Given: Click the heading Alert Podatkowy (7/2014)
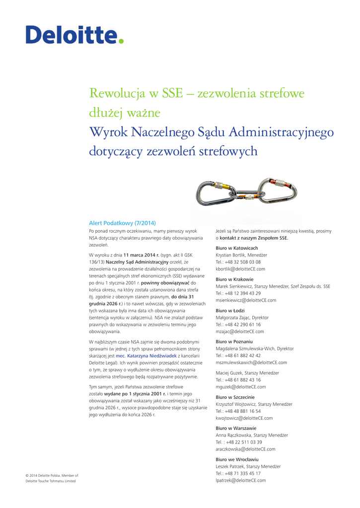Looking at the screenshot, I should [x=122, y=223].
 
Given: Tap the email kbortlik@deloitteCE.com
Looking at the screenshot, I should [x=240, y=269].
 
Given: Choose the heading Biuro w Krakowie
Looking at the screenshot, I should [x=234, y=279].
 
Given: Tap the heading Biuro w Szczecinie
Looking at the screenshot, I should [x=235, y=397].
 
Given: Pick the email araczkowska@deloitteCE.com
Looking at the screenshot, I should [x=245, y=449].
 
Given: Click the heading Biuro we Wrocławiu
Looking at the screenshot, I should [x=237, y=459].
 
